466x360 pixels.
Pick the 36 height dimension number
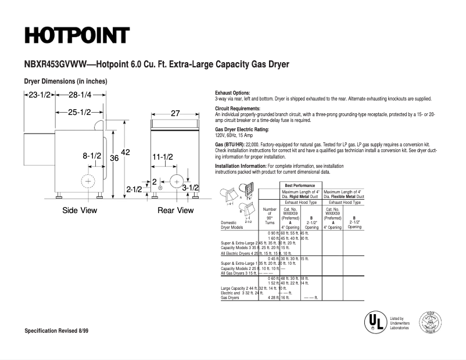114,158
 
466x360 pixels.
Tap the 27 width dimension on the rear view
175,114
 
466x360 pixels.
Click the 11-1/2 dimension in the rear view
163,157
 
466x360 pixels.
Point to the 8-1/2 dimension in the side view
92,156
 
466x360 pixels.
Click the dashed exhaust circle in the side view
88,182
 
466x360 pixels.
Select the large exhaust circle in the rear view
177,181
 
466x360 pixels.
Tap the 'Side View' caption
80,210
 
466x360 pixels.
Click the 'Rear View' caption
175,210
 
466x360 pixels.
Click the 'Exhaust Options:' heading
232,93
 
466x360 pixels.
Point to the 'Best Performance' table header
300,185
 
